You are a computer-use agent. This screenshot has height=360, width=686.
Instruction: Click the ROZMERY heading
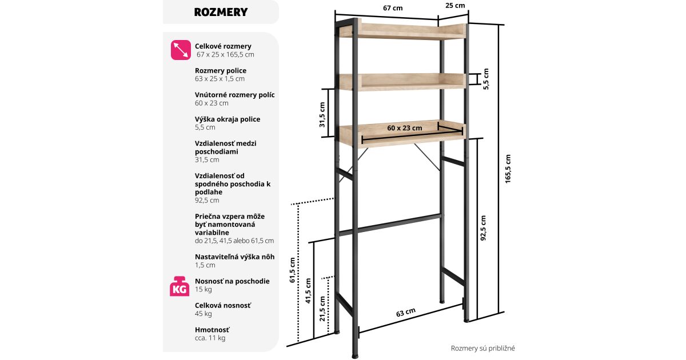[x=221, y=12]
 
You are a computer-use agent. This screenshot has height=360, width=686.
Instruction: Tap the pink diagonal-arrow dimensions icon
[x=181, y=50]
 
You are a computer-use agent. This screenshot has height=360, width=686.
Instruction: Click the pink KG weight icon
[x=180, y=286]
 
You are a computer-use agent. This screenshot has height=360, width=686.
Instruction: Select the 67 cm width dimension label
[x=393, y=8]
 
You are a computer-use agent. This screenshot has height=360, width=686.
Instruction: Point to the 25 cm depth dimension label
[x=455, y=6]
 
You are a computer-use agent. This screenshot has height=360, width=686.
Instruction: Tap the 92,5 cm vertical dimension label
[x=484, y=228]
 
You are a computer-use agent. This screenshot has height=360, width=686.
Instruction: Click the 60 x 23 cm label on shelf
[x=404, y=128]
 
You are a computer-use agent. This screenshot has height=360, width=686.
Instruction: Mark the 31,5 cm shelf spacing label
[x=322, y=115]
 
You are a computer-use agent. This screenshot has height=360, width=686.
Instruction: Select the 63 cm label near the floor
[x=405, y=313]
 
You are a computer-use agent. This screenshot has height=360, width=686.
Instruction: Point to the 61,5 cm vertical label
[x=292, y=270]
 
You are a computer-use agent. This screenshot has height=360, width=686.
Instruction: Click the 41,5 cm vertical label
[x=309, y=291]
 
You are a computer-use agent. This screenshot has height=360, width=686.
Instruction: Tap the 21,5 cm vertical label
[x=323, y=309]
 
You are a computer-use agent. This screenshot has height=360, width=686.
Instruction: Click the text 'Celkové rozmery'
[x=223, y=46]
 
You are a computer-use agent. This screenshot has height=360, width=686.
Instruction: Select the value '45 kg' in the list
[x=204, y=314]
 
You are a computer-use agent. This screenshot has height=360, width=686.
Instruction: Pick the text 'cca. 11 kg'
[x=210, y=338]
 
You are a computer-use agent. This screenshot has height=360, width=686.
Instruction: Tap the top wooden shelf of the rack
[x=400, y=30]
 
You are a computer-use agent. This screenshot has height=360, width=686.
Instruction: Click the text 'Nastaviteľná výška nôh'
[x=234, y=257]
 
